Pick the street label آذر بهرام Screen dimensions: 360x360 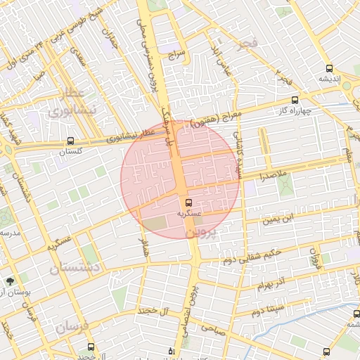pos(269,285)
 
